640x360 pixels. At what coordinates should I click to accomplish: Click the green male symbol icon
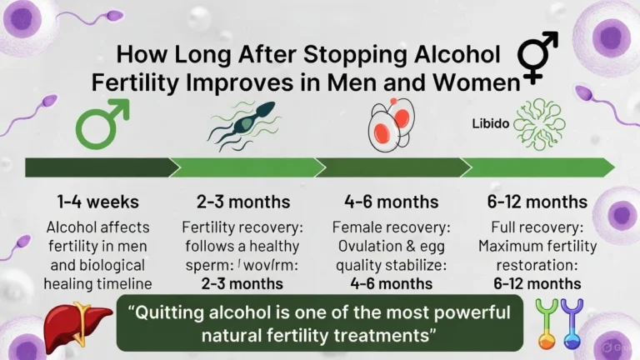[x=103, y=124]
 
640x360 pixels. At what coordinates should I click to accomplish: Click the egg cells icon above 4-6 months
[x=391, y=123]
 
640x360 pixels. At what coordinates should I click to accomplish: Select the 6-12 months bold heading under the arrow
[x=537, y=202]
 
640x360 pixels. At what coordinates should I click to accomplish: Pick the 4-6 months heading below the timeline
[x=390, y=202]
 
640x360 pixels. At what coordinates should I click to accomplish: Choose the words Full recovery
[x=537, y=227]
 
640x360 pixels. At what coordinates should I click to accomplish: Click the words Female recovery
[x=391, y=227]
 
